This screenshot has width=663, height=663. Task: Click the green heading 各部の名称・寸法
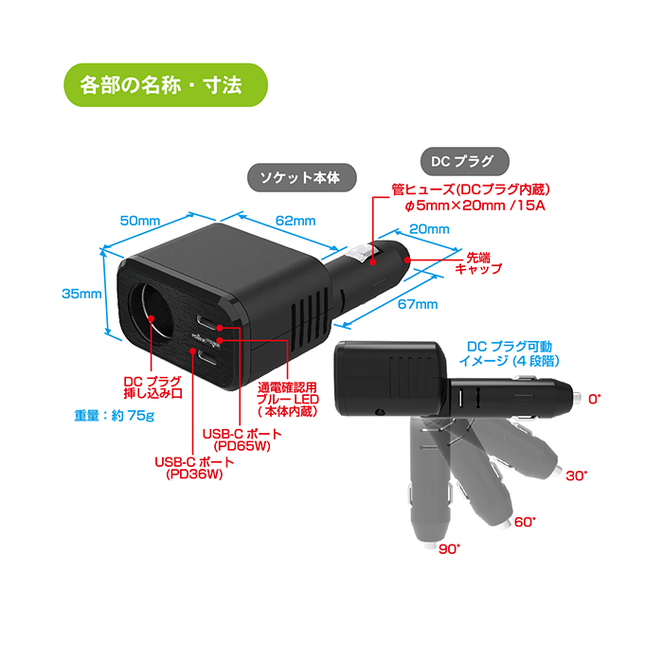166,85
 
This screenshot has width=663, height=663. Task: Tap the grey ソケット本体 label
301,178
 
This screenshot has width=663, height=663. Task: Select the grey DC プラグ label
464,161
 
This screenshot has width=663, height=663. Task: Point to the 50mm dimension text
140,221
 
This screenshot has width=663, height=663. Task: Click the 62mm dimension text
296,221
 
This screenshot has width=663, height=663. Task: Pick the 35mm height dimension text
81,294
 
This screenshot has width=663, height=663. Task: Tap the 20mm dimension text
429,229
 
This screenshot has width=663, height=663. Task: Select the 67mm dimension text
418,304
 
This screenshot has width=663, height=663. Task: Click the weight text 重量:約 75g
115,416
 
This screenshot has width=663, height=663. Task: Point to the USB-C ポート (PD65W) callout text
242,439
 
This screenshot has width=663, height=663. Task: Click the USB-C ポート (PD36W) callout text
194,468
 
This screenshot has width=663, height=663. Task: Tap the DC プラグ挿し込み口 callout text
152,387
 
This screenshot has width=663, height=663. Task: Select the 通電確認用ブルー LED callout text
288,399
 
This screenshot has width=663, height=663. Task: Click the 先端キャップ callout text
478,263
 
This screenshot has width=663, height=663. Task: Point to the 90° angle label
449,548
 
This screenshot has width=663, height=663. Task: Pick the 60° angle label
525,522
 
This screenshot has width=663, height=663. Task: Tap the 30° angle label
577,475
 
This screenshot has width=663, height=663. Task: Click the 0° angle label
595,399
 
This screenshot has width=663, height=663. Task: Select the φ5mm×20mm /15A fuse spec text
475,206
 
